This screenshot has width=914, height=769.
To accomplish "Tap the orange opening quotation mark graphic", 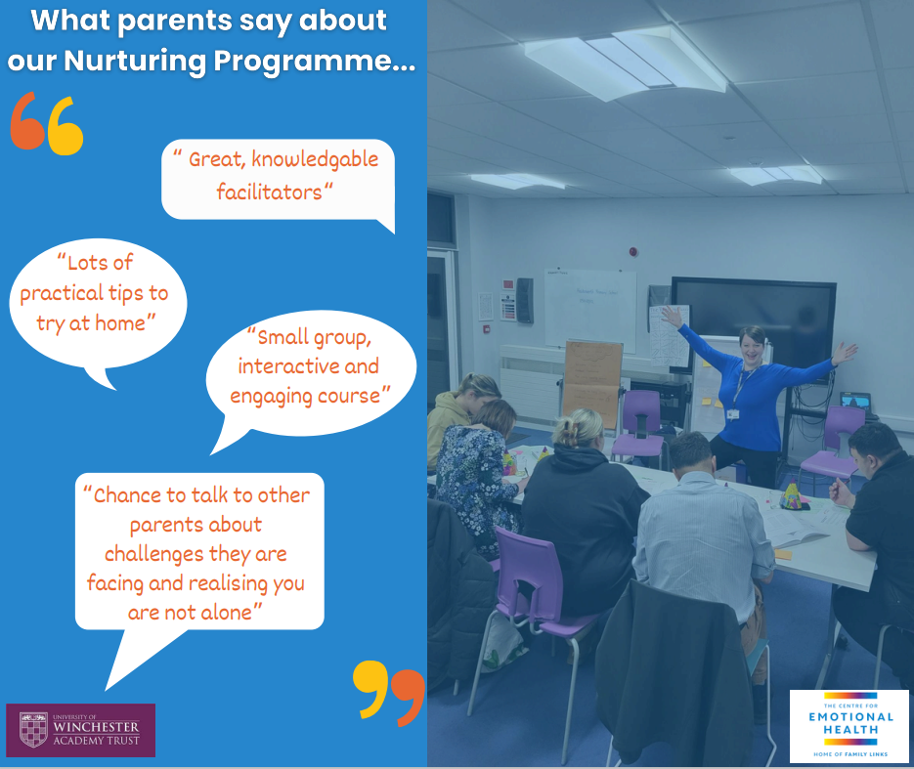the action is [x=27, y=121].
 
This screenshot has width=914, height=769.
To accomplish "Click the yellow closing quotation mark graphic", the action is [x=370, y=689].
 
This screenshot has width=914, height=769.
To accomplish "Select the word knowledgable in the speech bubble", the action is [x=315, y=160].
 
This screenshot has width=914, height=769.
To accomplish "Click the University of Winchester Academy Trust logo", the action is [x=80, y=730].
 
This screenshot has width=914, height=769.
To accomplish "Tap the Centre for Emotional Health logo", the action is [x=849, y=726].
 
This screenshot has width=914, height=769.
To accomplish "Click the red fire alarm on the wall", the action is [x=633, y=252].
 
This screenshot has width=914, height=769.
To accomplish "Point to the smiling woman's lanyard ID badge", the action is [x=733, y=414].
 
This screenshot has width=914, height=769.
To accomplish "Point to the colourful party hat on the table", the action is [x=791, y=494].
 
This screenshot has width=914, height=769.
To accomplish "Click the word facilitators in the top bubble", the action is [x=269, y=192].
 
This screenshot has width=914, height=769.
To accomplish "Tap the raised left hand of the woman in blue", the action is [x=845, y=353].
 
